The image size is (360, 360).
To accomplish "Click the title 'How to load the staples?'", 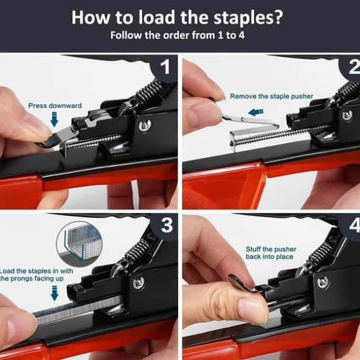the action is (178, 17).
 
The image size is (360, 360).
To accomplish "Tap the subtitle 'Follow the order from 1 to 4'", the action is (178, 35).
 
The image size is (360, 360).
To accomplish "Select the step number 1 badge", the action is (164, 67).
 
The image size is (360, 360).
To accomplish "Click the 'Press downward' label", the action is (55, 106).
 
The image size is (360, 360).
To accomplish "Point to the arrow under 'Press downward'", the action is (54, 119).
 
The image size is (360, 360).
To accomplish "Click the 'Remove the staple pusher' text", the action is (271, 96).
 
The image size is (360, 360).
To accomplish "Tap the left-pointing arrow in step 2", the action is (256, 112).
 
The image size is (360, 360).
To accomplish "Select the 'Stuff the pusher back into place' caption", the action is (271, 253).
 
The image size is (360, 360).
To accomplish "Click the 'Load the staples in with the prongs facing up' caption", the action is (35, 274).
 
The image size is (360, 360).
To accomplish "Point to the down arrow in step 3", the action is (55, 293).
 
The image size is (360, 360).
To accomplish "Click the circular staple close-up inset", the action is (79, 245).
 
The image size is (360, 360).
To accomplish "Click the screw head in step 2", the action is (347, 115).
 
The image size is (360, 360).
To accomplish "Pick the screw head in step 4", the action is (322, 282).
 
